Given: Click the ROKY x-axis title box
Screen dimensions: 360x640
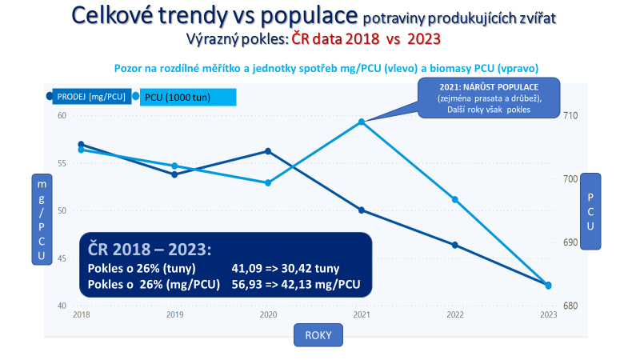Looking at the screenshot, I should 318,333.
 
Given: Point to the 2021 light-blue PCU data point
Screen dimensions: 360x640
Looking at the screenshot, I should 362,122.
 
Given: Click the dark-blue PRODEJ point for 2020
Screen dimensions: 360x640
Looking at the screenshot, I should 268,151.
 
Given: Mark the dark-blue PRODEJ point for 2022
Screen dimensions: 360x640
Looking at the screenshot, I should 454,245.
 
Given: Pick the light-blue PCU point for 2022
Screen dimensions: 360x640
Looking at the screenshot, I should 454,199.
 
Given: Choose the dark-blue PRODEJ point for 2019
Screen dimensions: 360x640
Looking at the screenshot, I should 174,174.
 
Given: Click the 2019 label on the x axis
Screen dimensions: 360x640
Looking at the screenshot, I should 174,315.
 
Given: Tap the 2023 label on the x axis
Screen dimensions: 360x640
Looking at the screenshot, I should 548,315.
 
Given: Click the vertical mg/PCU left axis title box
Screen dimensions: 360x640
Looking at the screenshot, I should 42,220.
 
